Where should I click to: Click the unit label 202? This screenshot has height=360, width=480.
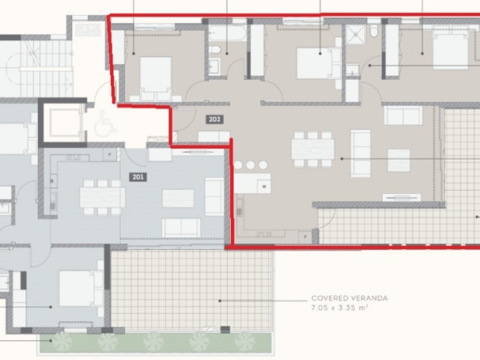coord(215,119)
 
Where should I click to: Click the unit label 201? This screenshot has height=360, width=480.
coord(138,177)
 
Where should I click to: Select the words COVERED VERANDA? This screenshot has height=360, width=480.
coord(349,298)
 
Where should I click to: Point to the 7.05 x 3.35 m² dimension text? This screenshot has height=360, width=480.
coord(339,307)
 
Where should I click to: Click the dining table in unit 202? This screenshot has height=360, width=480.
coord(312,149)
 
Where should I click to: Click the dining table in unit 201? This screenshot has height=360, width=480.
coord(102,197)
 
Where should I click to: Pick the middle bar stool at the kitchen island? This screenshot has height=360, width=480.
coord(251,165)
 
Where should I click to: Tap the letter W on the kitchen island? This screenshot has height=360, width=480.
coord(264,187)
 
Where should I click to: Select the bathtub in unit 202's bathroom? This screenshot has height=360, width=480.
coord(228,33)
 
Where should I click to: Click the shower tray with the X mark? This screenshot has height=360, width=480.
coord(355,35)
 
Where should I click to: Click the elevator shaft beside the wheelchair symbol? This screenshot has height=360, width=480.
coord(62,122)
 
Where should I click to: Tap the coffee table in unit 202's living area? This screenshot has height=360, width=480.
coord(399,160)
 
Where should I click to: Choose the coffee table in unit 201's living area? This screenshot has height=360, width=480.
coord(178,198)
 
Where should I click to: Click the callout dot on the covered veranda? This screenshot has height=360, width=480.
coord(219,301)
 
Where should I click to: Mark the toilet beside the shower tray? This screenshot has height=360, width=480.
coord(373,30)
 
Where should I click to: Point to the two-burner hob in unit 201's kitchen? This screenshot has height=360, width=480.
coord(73,157)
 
